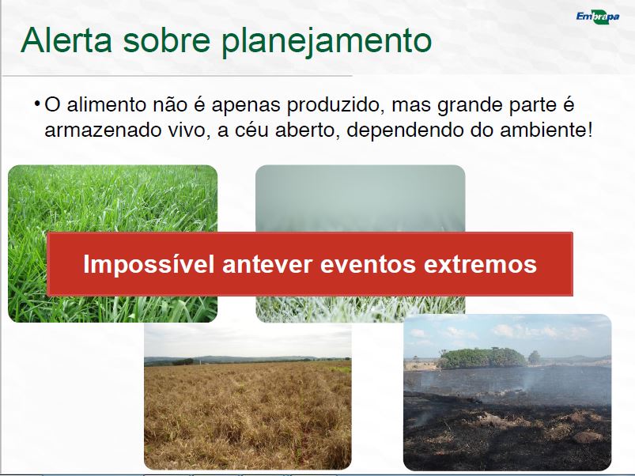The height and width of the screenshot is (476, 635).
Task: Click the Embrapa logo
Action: [x=598, y=17]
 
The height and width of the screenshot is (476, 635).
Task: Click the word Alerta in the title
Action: [x=66, y=40]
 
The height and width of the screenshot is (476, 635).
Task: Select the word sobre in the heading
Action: [x=167, y=40]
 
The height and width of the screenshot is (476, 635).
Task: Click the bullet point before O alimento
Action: [x=37, y=104]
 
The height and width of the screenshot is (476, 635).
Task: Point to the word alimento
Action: [x=106, y=104]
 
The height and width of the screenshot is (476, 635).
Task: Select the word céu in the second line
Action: [x=245, y=130]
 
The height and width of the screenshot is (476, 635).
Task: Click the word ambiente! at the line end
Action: [x=546, y=130]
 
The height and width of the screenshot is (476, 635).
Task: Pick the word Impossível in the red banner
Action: [x=149, y=264]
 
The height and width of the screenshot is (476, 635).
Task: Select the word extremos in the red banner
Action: [x=480, y=265]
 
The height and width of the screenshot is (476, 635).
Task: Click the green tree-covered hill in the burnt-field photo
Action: [x=482, y=358]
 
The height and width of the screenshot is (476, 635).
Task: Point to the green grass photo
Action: [x=112, y=244]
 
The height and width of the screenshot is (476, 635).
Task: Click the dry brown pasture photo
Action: [x=248, y=396]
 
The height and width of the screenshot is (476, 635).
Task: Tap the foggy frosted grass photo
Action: [x=360, y=244]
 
